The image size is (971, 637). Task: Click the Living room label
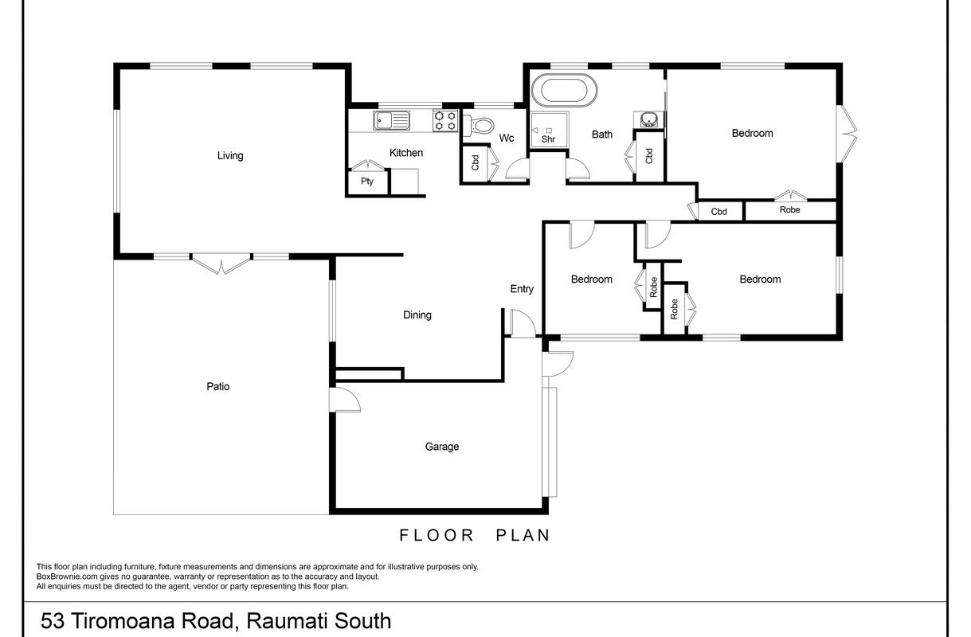pos(230,155)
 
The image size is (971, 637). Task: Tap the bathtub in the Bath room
pos(564,91)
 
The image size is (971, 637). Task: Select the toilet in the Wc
pos(479,126)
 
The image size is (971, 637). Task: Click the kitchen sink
pos(391,120)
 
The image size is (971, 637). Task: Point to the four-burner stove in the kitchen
pos(445,121)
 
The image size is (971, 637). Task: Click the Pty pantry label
pos(366,181)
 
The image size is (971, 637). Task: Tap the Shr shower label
pos(548,139)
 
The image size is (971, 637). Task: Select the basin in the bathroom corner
pos(648,119)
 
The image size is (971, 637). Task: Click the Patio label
pos(217,386)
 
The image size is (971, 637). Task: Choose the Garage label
pos(442,447)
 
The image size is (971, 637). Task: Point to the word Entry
pos(522,289)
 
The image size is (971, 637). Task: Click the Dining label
pos(417,315)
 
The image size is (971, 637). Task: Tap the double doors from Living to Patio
pos(221,264)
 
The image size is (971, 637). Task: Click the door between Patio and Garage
pos(345,400)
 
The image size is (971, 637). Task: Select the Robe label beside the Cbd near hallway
pos(789,209)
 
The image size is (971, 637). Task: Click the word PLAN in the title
pos(523,536)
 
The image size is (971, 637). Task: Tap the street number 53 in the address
pos(53,621)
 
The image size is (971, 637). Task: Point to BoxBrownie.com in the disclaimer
pos(67,576)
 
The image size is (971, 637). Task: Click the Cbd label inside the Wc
pos(475,162)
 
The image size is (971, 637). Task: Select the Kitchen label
pos(405,153)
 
